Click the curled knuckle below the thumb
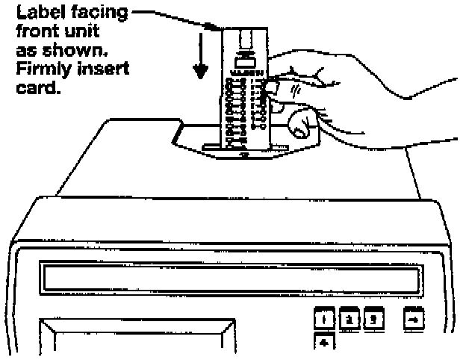coord(299,123)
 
